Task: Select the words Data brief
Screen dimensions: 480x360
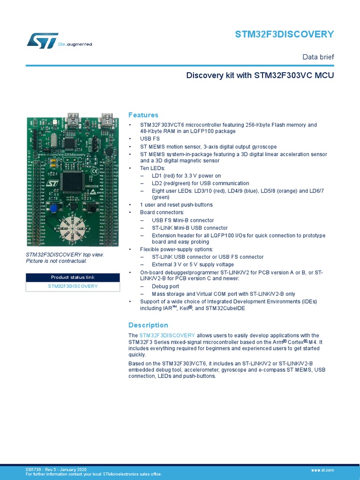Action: coord(318,57)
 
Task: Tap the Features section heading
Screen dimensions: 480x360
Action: coord(143,115)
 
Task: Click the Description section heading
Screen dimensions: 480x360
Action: coord(148,325)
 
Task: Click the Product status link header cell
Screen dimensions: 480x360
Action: coord(73,277)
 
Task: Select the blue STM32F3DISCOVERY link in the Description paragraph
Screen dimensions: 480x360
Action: coord(167,335)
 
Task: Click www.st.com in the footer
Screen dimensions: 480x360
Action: coord(322,470)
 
